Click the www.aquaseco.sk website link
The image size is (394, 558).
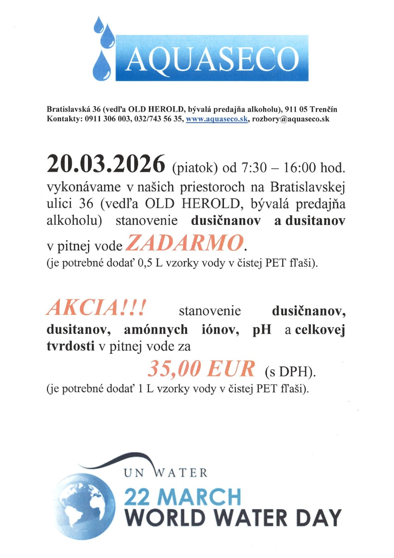click(x=217, y=119)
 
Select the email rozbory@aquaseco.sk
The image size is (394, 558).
click(x=291, y=119)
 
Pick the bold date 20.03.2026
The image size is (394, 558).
click(x=106, y=164)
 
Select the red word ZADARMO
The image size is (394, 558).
click(x=185, y=243)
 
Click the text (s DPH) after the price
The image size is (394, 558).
click(x=290, y=372)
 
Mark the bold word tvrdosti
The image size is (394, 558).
click(x=70, y=346)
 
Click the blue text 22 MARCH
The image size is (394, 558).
click(x=183, y=497)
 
